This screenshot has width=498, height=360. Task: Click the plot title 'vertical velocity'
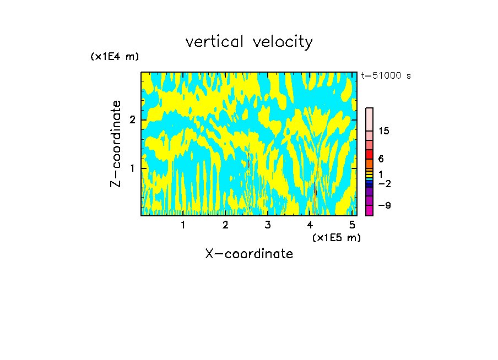click(x=249, y=42)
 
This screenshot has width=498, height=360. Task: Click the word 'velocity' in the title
click(x=283, y=42)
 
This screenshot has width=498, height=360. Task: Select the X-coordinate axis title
click(x=249, y=254)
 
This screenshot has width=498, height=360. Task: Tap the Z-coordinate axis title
click(x=116, y=144)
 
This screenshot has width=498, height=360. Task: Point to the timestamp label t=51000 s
click(x=386, y=76)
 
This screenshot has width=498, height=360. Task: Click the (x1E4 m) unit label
click(x=115, y=57)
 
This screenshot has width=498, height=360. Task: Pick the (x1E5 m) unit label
click(x=336, y=237)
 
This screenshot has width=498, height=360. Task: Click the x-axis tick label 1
click(x=183, y=225)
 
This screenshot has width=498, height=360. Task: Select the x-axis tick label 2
click(x=225, y=225)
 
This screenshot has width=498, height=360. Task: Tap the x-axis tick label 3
click(x=268, y=225)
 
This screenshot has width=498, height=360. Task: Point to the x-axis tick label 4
click(x=310, y=225)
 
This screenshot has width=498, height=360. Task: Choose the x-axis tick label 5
click(x=352, y=225)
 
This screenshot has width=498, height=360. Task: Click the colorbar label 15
click(x=384, y=131)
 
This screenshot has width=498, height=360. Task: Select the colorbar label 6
click(x=381, y=159)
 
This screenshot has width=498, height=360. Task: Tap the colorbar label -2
click(x=384, y=183)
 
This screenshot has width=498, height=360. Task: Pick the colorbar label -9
click(x=384, y=205)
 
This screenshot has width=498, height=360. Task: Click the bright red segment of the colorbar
click(x=369, y=154)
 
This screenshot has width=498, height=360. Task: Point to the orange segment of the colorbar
click(x=369, y=163)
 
